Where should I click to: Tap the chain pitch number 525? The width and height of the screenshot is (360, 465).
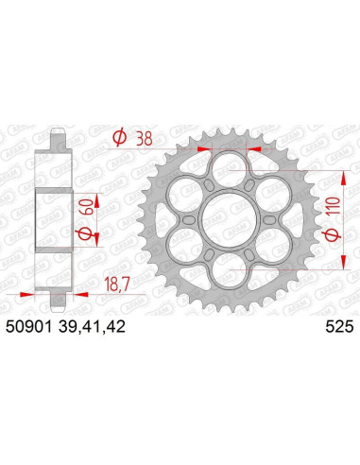point(338,326)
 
